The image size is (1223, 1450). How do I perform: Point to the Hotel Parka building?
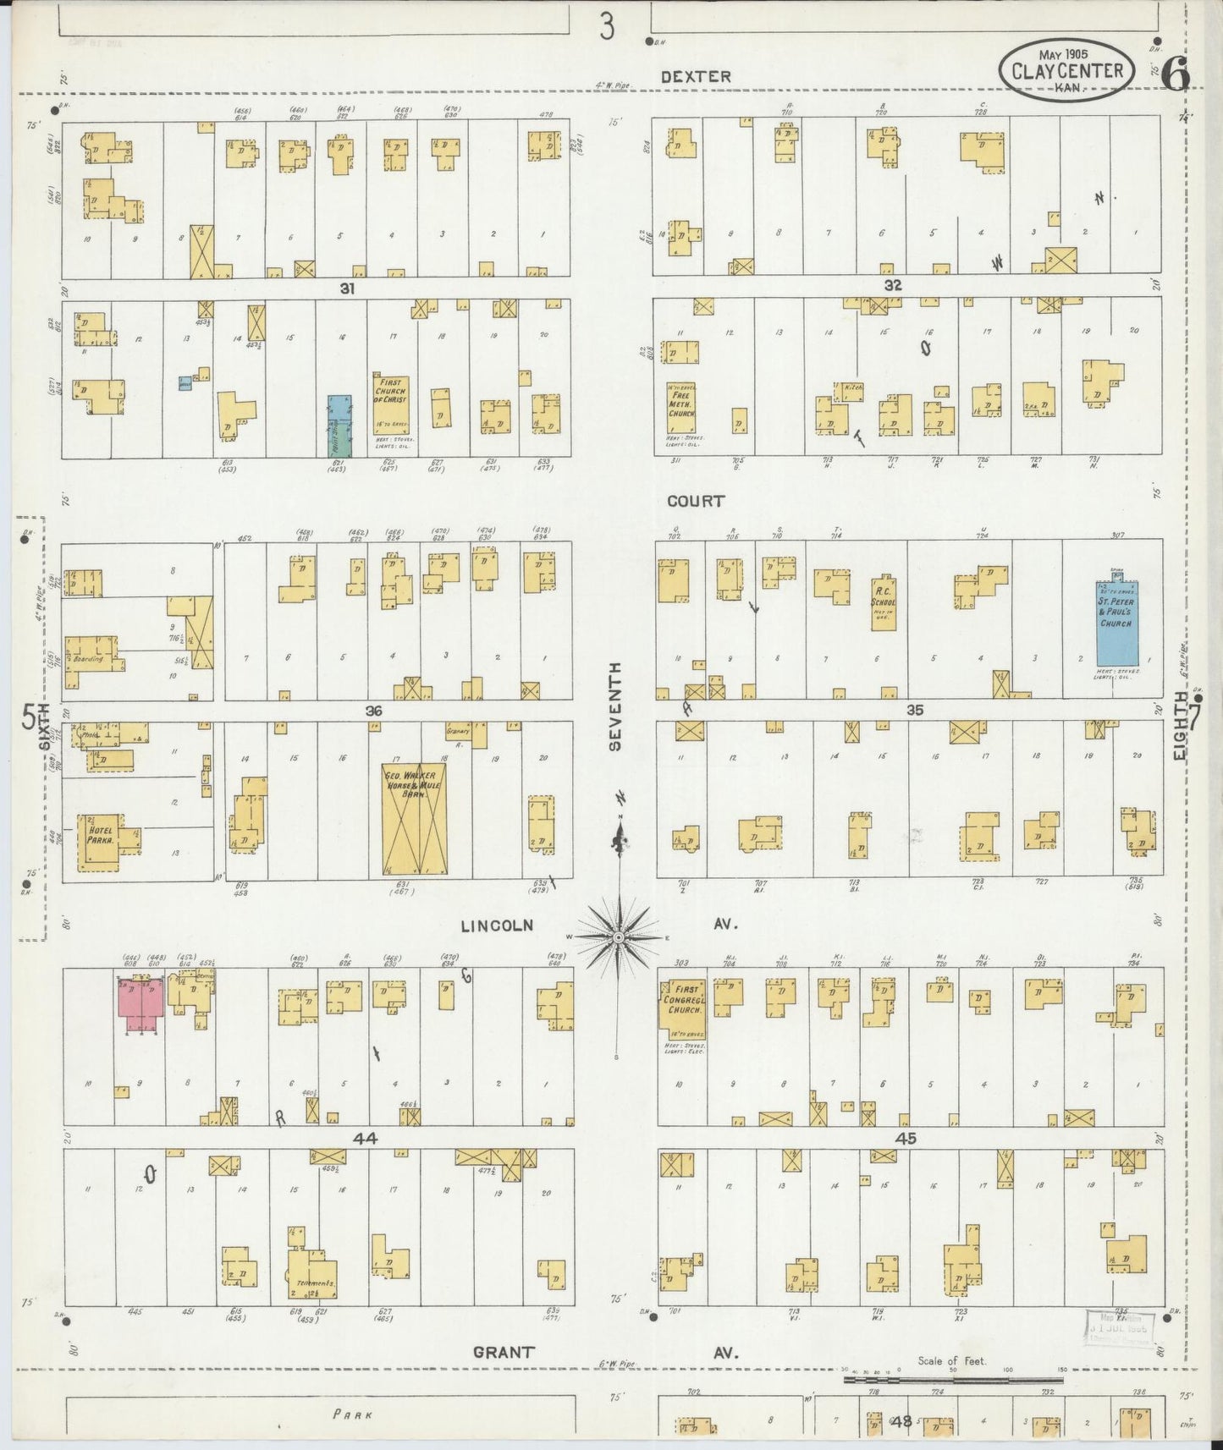(x=100, y=842)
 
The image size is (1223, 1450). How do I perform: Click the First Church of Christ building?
(x=390, y=405)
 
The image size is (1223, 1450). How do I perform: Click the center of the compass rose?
(x=620, y=937)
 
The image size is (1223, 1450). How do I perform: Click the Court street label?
(x=696, y=501)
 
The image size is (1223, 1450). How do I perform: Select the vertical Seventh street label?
(x=615, y=706)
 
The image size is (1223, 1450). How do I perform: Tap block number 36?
(x=374, y=711)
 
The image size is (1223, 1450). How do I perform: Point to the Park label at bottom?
(x=353, y=1414)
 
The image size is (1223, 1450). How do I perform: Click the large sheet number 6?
(x=1176, y=75)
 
